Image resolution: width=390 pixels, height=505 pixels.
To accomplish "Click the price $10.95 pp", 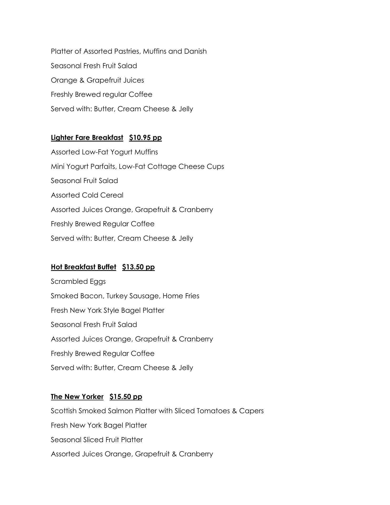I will tap(145, 138).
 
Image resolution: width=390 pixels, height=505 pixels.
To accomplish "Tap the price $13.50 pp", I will tap(138, 267).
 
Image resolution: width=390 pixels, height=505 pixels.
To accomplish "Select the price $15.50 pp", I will tap(126, 396).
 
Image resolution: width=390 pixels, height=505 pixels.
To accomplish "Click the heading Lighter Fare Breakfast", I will tap(87, 138).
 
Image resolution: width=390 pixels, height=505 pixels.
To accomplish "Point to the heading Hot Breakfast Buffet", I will tap(84, 267).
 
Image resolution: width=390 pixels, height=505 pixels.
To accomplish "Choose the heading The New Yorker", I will tap(77, 396).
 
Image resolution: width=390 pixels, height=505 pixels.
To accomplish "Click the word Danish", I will tap(195, 51).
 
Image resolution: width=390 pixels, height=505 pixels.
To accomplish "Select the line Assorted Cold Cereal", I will tap(87, 195).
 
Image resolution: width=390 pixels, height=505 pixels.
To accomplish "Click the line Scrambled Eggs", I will tap(78, 281).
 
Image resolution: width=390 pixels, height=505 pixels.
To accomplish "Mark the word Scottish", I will tap(64, 411).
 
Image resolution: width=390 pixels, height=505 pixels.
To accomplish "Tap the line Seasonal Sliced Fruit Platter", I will tap(97, 440).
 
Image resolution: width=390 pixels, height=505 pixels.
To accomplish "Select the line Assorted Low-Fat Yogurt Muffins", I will tap(104, 152).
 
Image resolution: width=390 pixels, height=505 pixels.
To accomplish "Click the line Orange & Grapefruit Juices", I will tap(97, 80).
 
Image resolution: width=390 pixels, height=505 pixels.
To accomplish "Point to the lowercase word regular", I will tap(114, 95).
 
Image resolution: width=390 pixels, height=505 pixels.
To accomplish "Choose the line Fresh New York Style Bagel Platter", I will tap(107, 310).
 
